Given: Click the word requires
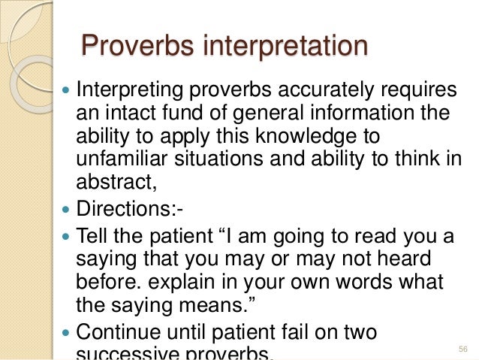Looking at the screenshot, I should pyautogui.click(x=409, y=92).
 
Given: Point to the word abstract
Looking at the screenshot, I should pyautogui.click(x=111, y=183).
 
